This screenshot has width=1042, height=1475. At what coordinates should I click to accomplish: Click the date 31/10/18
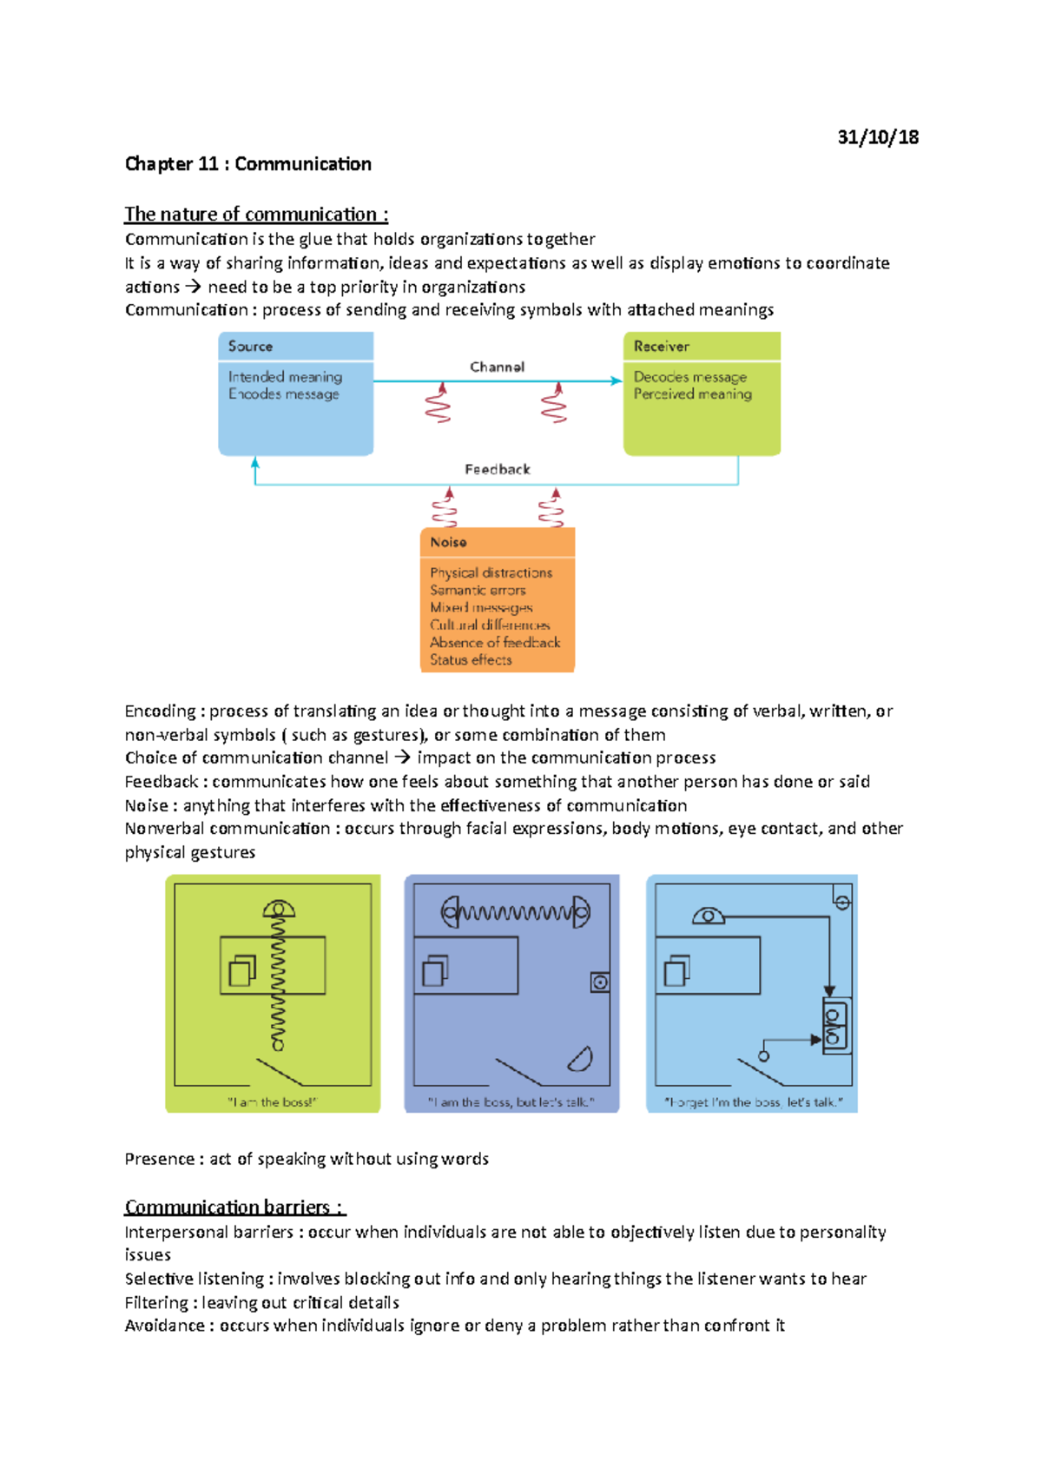[x=877, y=137]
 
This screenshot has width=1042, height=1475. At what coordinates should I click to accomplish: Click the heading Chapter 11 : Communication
[x=247, y=164]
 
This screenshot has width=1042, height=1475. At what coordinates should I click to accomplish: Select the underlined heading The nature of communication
[x=255, y=215]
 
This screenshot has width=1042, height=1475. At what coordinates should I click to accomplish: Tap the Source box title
[x=250, y=346]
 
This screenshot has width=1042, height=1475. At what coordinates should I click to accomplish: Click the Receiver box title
[x=661, y=346]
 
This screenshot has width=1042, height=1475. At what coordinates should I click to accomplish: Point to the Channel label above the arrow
[x=497, y=367]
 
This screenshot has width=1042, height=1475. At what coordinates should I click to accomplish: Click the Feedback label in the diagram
[x=497, y=469]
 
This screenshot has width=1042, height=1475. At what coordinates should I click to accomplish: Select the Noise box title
[x=448, y=542]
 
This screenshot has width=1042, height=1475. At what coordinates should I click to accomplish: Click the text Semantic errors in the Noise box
[x=478, y=590]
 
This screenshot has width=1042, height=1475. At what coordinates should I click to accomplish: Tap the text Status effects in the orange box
[x=471, y=660]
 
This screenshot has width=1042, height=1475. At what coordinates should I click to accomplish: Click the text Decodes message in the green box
[x=689, y=377]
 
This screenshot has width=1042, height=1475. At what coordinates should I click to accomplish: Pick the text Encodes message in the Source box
[x=283, y=394]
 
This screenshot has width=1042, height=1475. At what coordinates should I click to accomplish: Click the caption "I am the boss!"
[x=272, y=1102]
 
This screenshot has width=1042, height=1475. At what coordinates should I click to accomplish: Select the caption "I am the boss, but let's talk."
[x=511, y=1102]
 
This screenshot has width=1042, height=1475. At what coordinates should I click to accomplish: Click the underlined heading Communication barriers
[x=234, y=1207]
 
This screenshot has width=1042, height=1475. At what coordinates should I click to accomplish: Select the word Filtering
[x=156, y=1303]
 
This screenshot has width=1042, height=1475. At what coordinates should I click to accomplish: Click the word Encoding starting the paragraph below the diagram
[x=161, y=711]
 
